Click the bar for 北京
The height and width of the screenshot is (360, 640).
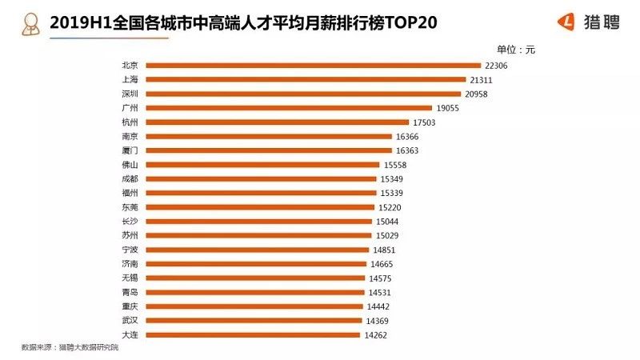pyautogui.click(x=312, y=66)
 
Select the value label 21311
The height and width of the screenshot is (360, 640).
pyautogui.click(x=482, y=80)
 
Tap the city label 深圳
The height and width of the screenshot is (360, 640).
pyautogui.click(x=130, y=94)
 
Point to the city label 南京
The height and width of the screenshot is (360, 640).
pyautogui.click(x=130, y=137)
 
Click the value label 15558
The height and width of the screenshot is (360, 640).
pyautogui.click(x=396, y=165)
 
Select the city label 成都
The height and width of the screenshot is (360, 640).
pyautogui.click(x=130, y=179)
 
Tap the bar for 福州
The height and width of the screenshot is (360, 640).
pyautogui.click(x=261, y=193)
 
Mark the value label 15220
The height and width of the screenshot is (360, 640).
pyautogui.click(x=392, y=207)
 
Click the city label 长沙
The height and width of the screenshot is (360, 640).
pyautogui.click(x=130, y=222)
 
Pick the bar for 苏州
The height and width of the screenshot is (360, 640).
pyautogui.click(x=258, y=235)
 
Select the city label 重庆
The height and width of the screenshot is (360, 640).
pyautogui.click(x=130, y=306)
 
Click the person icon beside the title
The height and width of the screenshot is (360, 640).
pyautogui.click(x=31, y=22)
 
